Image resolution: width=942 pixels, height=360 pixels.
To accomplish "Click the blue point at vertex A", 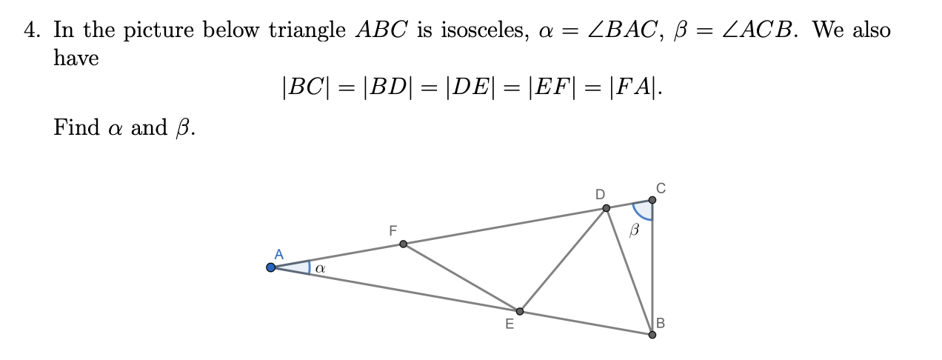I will coord(271,267).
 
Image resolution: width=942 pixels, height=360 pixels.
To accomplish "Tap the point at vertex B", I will coord(652,335).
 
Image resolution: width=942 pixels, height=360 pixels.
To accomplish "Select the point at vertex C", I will coord(652,200).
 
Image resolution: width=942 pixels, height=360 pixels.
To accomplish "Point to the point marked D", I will coord(607,208).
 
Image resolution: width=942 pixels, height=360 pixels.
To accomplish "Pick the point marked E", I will coord(519,311).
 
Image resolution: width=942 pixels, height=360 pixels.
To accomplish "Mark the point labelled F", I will coord(403,244).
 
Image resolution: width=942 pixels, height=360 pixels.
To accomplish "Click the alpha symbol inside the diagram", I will coord(319,269).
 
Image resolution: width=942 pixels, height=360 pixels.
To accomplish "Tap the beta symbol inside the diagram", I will coord(633,231).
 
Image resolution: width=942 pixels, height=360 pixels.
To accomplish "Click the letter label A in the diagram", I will coord(278,254).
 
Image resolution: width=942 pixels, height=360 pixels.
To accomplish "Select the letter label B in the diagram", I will coord(661,323).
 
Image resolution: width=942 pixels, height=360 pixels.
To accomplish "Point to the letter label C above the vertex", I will coord(660,188).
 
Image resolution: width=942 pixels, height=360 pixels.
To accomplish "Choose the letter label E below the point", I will coord(509,324).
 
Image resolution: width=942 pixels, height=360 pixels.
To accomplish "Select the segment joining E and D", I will coord(563,259).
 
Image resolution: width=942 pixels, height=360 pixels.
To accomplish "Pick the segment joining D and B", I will coord(629,270).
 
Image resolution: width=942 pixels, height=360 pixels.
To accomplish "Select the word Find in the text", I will coord(76,127).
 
